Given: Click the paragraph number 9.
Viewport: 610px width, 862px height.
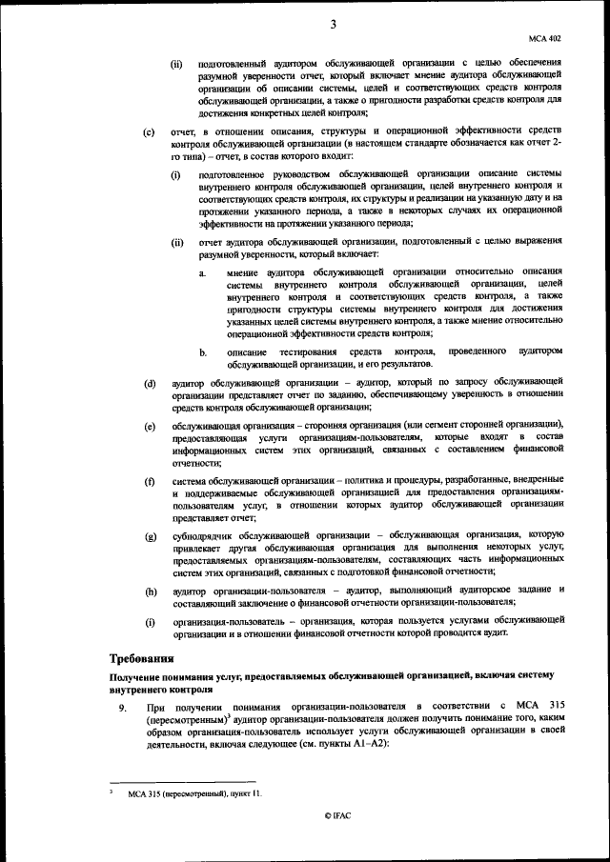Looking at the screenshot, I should [121, 709].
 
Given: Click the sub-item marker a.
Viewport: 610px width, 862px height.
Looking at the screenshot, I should [202, 272].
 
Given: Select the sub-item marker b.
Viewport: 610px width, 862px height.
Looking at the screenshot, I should [202, 352].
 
